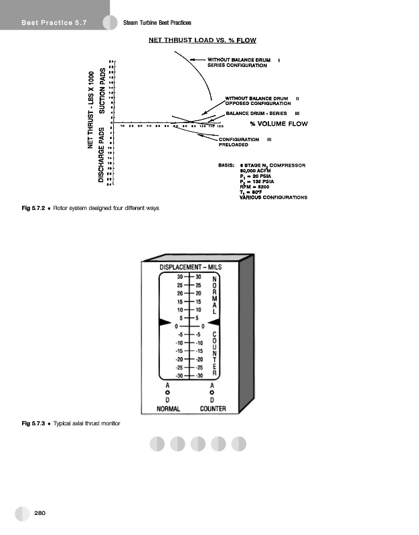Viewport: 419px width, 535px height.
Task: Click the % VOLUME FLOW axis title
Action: [x=278, y=124]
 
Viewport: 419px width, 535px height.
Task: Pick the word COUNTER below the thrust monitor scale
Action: [x=212, y=409]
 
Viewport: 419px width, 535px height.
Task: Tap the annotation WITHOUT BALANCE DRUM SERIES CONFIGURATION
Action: [x=238, y=63]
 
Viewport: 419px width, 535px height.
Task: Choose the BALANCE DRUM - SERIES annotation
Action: [x=256, y=114]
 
